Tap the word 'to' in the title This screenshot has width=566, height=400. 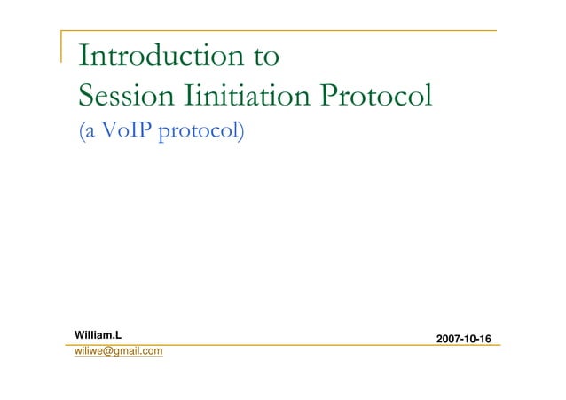click(x=263, y=57)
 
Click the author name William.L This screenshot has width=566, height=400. click(x=96, y=334)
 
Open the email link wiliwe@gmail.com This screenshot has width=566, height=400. click(x=118, y=352)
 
